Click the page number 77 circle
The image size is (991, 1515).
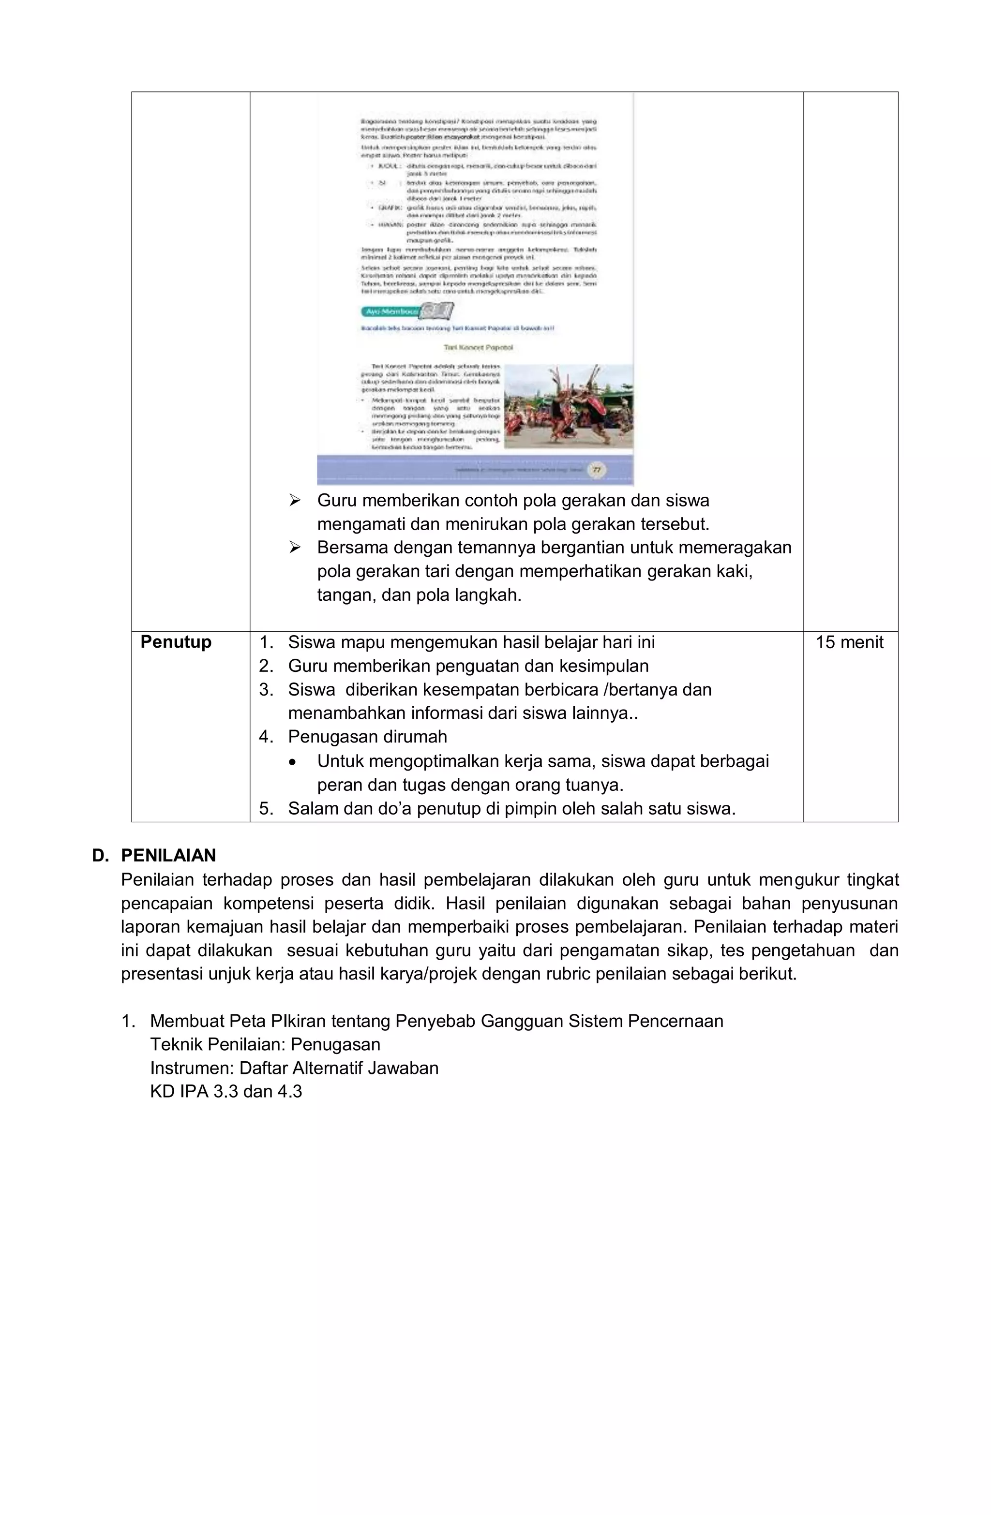pyautogui.click(x=596, y=470)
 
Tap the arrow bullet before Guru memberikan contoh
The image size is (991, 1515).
pyautogui.click(x=294, y=501)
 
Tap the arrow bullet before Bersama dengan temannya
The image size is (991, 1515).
pyautogui.click(x=294, y=548)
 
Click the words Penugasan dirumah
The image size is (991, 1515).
pyautogui.click(x=367, y=737)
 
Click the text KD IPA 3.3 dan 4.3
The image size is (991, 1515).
pyautogui.click(x=226, y=1092)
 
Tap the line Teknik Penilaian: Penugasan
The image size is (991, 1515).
pyautogui.click(x=265, y=1045)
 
